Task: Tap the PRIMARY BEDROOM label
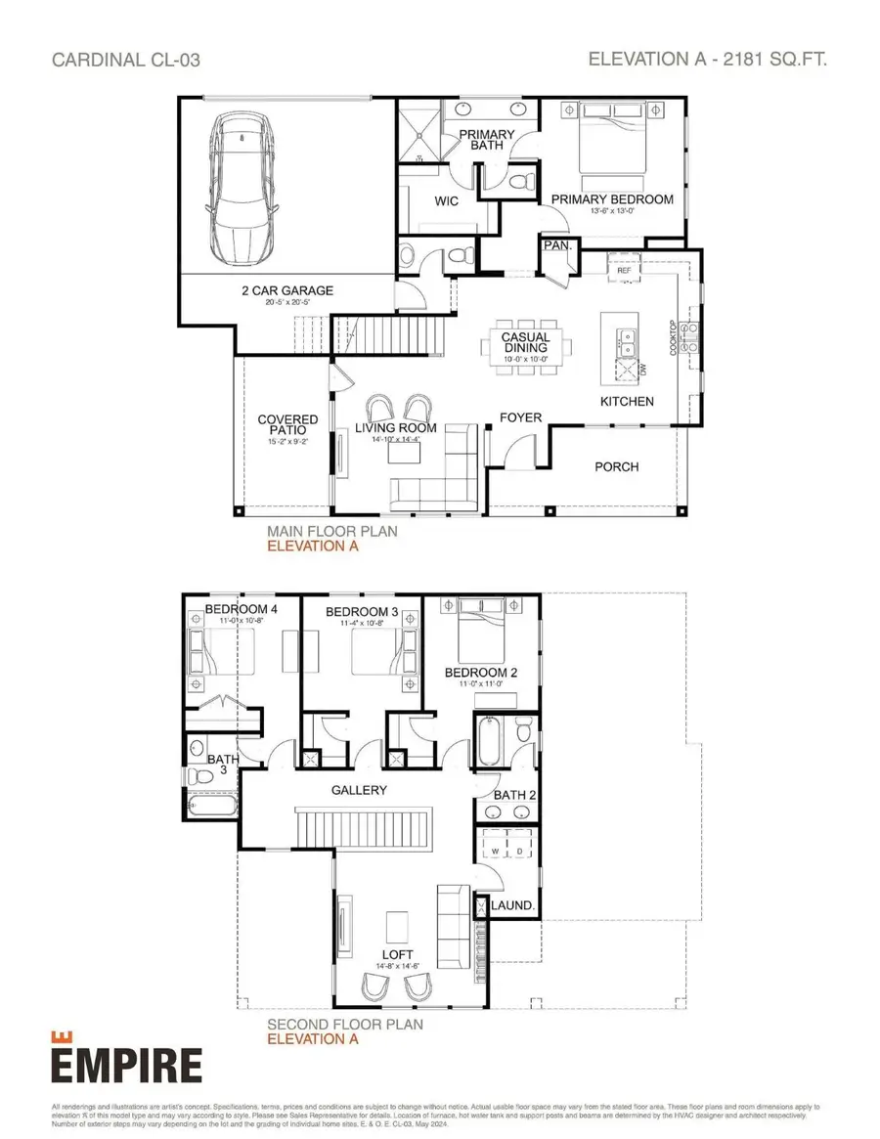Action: (x=612, y=199)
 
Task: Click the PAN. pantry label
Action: (x=557, y=245)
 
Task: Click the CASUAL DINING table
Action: (x=526, y=343)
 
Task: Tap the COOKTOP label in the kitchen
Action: (x=673, y=338)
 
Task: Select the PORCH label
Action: (x=616, y=466)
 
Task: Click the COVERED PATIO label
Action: (x=287, y=424)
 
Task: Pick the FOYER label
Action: (x=520, y=417)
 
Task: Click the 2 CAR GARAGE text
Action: (x=287, y=290)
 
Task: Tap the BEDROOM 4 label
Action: (x=241, y=610)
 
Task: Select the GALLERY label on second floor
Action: (x=359, y=790)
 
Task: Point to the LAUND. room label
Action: (x=512, y=906)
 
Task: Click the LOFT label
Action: (x=398, y=954)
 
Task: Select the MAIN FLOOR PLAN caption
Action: (x=332, y=532)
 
